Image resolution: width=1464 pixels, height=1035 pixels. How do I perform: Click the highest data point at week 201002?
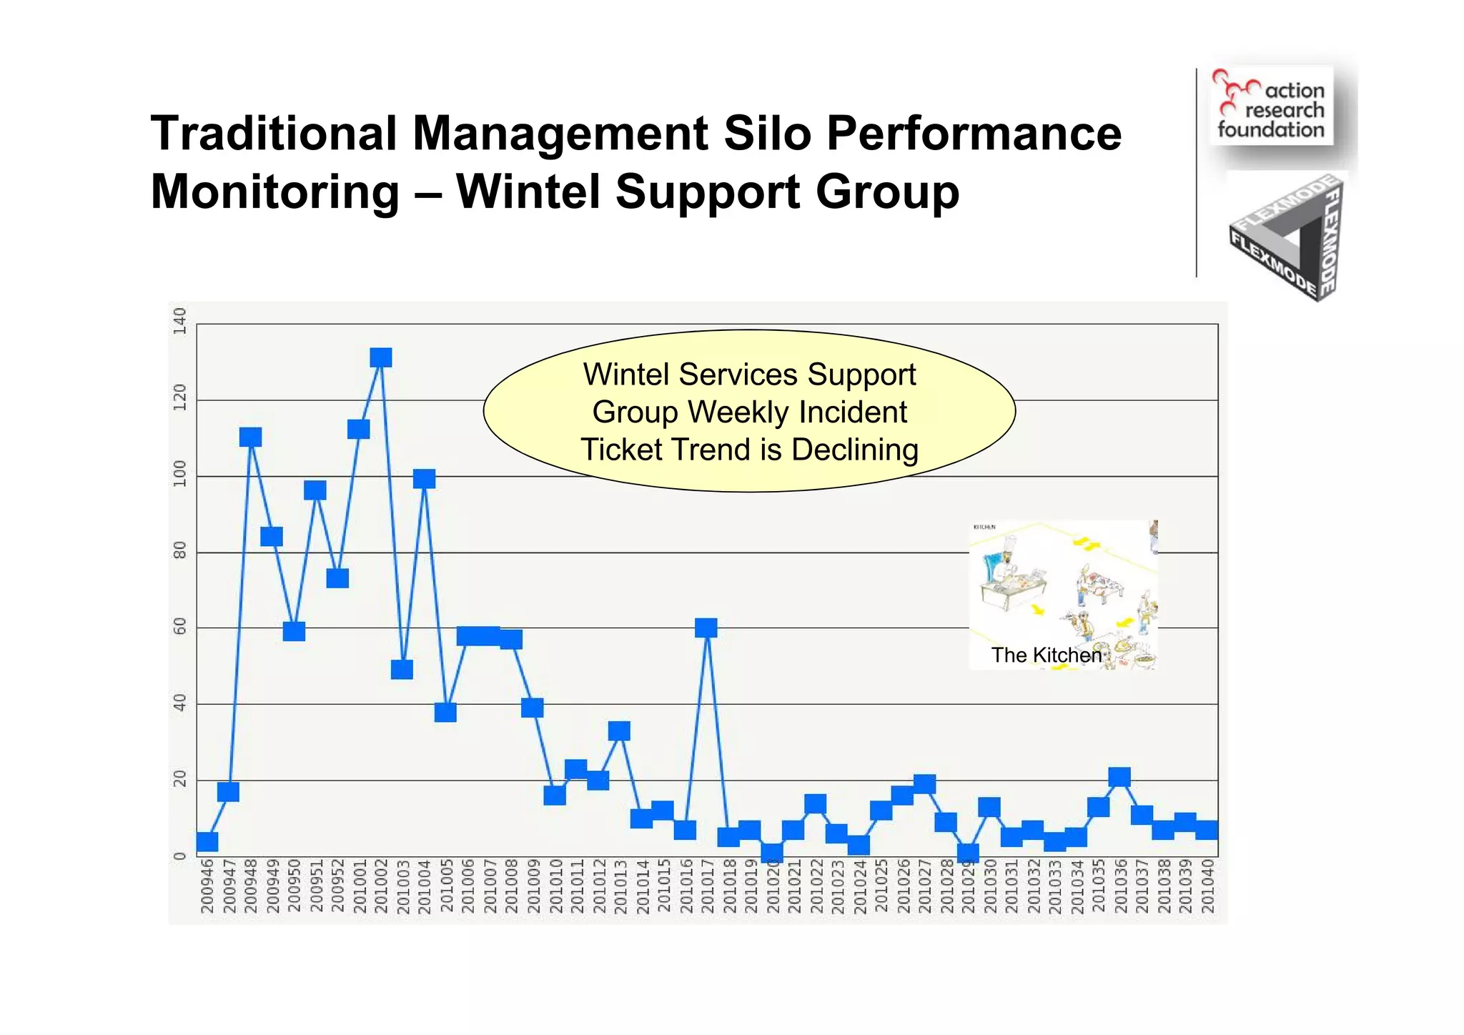(381, 357)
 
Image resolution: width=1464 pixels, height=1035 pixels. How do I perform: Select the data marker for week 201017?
(706, 628)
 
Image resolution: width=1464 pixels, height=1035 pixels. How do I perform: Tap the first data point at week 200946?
(207, 841)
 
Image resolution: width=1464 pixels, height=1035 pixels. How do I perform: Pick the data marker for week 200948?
(250, 437)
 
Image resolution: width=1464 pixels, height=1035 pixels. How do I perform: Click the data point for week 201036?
(1119, 777)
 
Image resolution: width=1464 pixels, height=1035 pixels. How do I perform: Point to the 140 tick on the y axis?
(179, 321)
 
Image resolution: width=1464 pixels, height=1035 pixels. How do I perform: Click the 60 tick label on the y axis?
(179, 627)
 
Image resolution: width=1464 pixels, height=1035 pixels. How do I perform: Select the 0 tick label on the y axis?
(179, 856)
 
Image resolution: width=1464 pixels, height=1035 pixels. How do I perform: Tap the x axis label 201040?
(1207, 886)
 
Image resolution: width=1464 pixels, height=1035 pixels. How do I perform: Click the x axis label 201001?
(359, 886)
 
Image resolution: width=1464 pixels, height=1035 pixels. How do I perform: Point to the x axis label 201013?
(620, 886)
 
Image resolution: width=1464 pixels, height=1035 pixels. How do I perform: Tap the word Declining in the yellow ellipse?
(854, 450)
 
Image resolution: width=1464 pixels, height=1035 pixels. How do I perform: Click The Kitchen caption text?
(1046, 655)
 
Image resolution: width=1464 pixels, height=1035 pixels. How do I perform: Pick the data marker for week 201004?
(424, 479)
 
